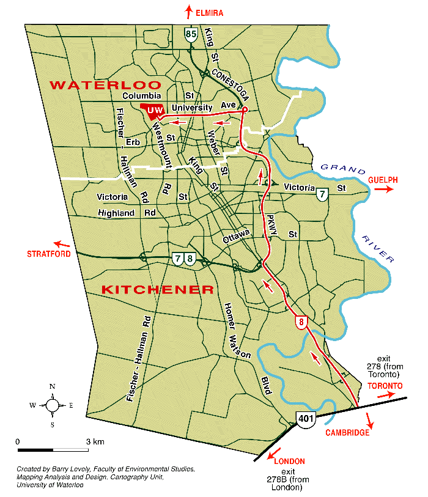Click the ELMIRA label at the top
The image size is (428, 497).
point(209,12)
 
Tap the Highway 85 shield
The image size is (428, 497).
point(191,35)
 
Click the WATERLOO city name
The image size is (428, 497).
point(105,85)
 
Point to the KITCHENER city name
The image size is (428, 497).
point(157,289)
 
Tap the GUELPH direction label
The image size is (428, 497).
point(383,180)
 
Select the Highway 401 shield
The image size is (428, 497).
point(304,418)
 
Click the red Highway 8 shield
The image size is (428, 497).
point(300,322)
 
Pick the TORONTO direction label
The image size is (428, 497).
point(385,386)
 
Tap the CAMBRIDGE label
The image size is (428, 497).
point(347,433)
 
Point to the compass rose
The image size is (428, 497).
point(53,405)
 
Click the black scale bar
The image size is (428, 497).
point(53,451)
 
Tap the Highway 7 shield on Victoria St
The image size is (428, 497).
point(322,194)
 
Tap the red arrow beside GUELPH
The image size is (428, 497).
point(383,190)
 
